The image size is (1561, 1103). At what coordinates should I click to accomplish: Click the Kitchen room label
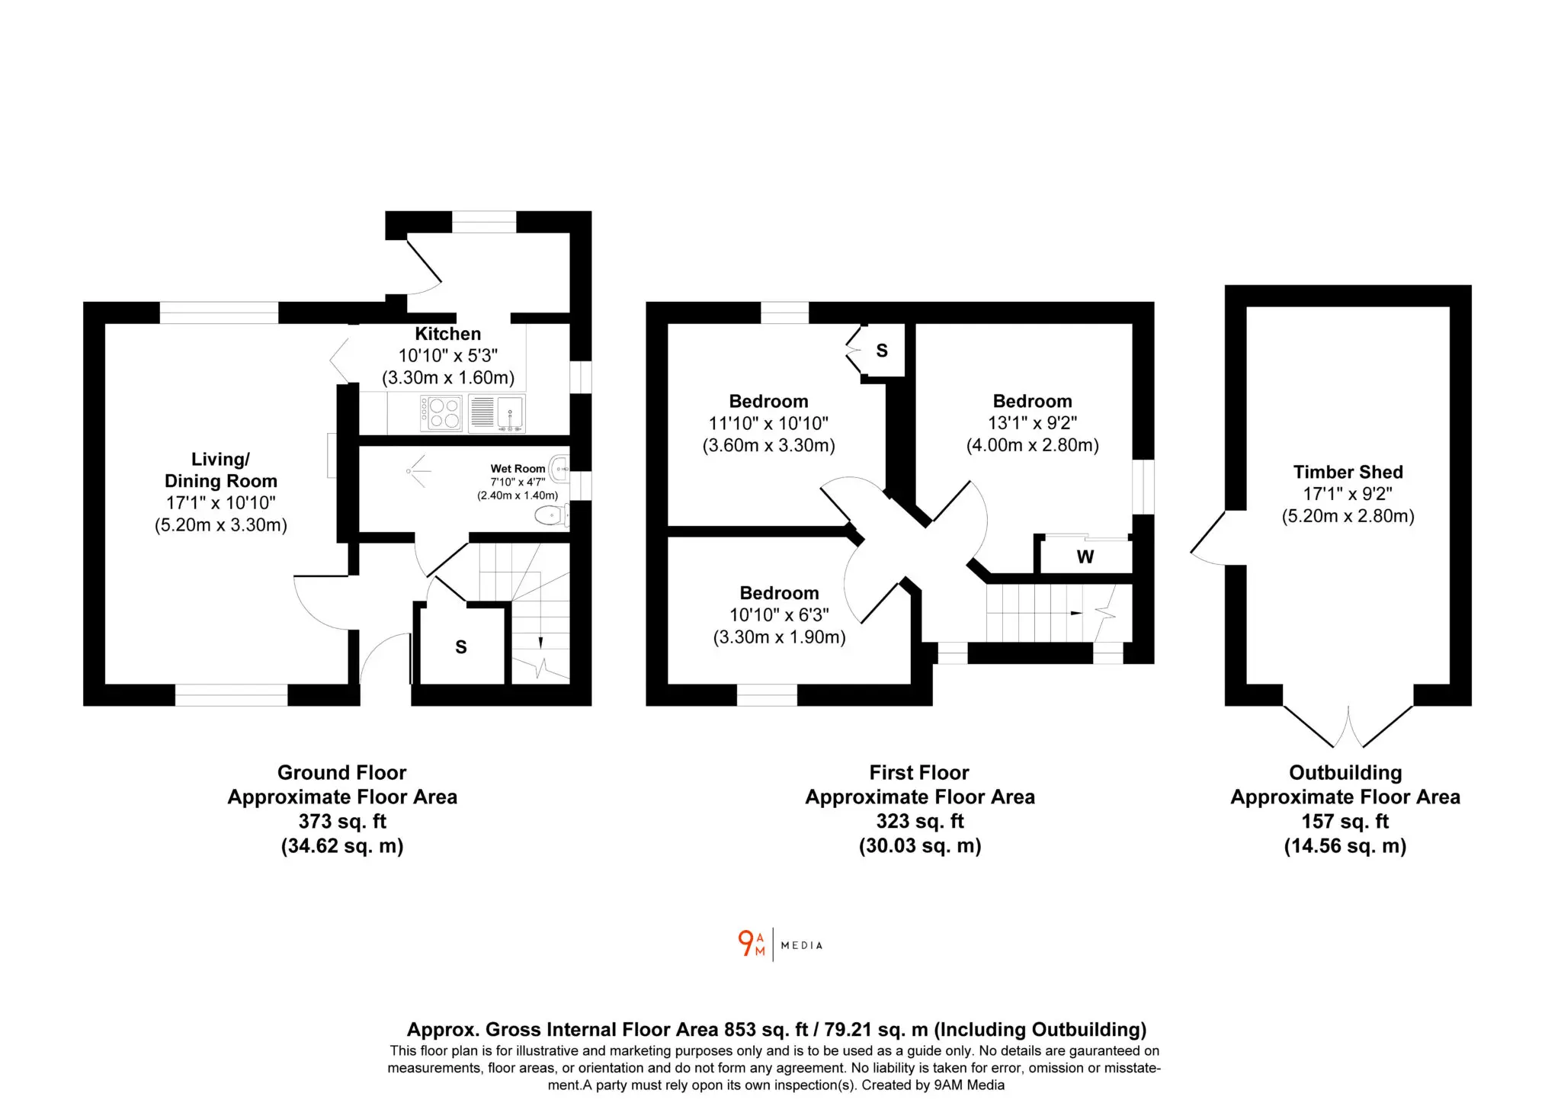tap(448, 334)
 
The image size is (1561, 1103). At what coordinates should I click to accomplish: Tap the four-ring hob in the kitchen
tap(441, 413)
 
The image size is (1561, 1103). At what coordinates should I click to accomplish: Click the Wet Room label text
tap(518, 469)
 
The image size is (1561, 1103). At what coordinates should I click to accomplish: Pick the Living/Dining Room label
tap(221, 470)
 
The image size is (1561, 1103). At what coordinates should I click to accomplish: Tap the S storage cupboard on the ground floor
tap(461, 647)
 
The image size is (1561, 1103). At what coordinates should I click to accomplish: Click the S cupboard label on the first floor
tap(882, 351)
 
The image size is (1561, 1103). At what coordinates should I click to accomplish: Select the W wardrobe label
tap(1085, 557)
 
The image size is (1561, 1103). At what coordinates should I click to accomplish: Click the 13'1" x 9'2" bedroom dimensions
tap(1033, 423)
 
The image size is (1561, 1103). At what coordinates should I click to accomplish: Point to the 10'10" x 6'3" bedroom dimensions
tap(779, 615)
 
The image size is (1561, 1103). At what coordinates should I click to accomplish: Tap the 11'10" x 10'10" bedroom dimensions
tap(768, 423)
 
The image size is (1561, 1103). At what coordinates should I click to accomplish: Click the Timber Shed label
tap(1348, 472)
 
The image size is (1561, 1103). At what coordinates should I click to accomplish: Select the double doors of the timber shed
tap(1348, 726)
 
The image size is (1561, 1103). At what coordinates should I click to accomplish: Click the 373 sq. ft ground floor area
tap(342, 821)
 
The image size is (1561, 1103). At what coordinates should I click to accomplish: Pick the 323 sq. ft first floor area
tap(920, 821)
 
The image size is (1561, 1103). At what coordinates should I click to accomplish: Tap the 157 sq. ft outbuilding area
tap(1345, 821)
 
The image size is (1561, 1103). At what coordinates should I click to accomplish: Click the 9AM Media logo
tap(780, 944)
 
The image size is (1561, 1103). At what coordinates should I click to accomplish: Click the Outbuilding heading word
tap(1345, 772)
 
